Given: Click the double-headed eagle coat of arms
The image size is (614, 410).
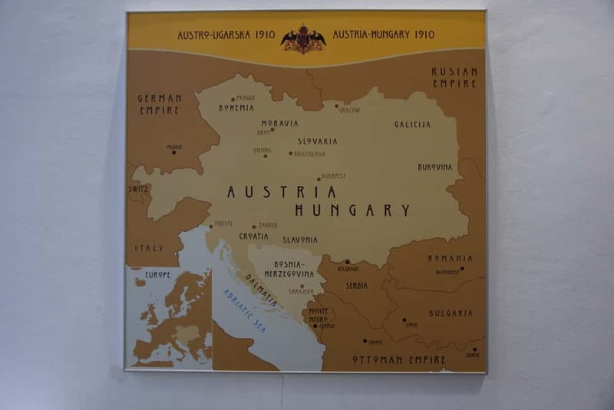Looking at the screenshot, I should tap(303, 39).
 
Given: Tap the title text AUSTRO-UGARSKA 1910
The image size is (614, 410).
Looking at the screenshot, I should tap(226, 35).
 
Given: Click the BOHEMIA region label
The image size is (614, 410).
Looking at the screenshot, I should tap(236, 108).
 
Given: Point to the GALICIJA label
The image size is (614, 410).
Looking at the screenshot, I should tap(413, 124).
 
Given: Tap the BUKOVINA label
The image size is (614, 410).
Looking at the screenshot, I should tap(435, 167).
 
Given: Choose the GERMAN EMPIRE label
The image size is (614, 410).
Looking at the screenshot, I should tap(160, 104).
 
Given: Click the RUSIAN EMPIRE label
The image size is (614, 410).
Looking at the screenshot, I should tap(454, 77).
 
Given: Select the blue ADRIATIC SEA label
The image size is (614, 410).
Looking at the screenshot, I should tap(244, 311).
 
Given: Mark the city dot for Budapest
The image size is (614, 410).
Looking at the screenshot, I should tap(319, 179).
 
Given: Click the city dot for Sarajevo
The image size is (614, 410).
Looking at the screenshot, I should tap(302, 286).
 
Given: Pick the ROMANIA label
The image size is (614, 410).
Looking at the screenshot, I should tap(450, 259).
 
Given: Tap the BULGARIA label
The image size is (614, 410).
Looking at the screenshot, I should tap(451, 313).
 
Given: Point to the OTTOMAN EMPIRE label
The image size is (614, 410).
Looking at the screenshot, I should tap(398, 359).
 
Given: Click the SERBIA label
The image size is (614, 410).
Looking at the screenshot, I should tap(356, 286).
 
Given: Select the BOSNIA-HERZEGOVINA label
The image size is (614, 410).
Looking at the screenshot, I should tap(289, 269).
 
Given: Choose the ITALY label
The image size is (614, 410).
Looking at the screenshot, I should tap(149, 249).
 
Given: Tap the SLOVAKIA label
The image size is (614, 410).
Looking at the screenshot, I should tap(318, 141).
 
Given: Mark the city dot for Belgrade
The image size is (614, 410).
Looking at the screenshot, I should tap(347, 262).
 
